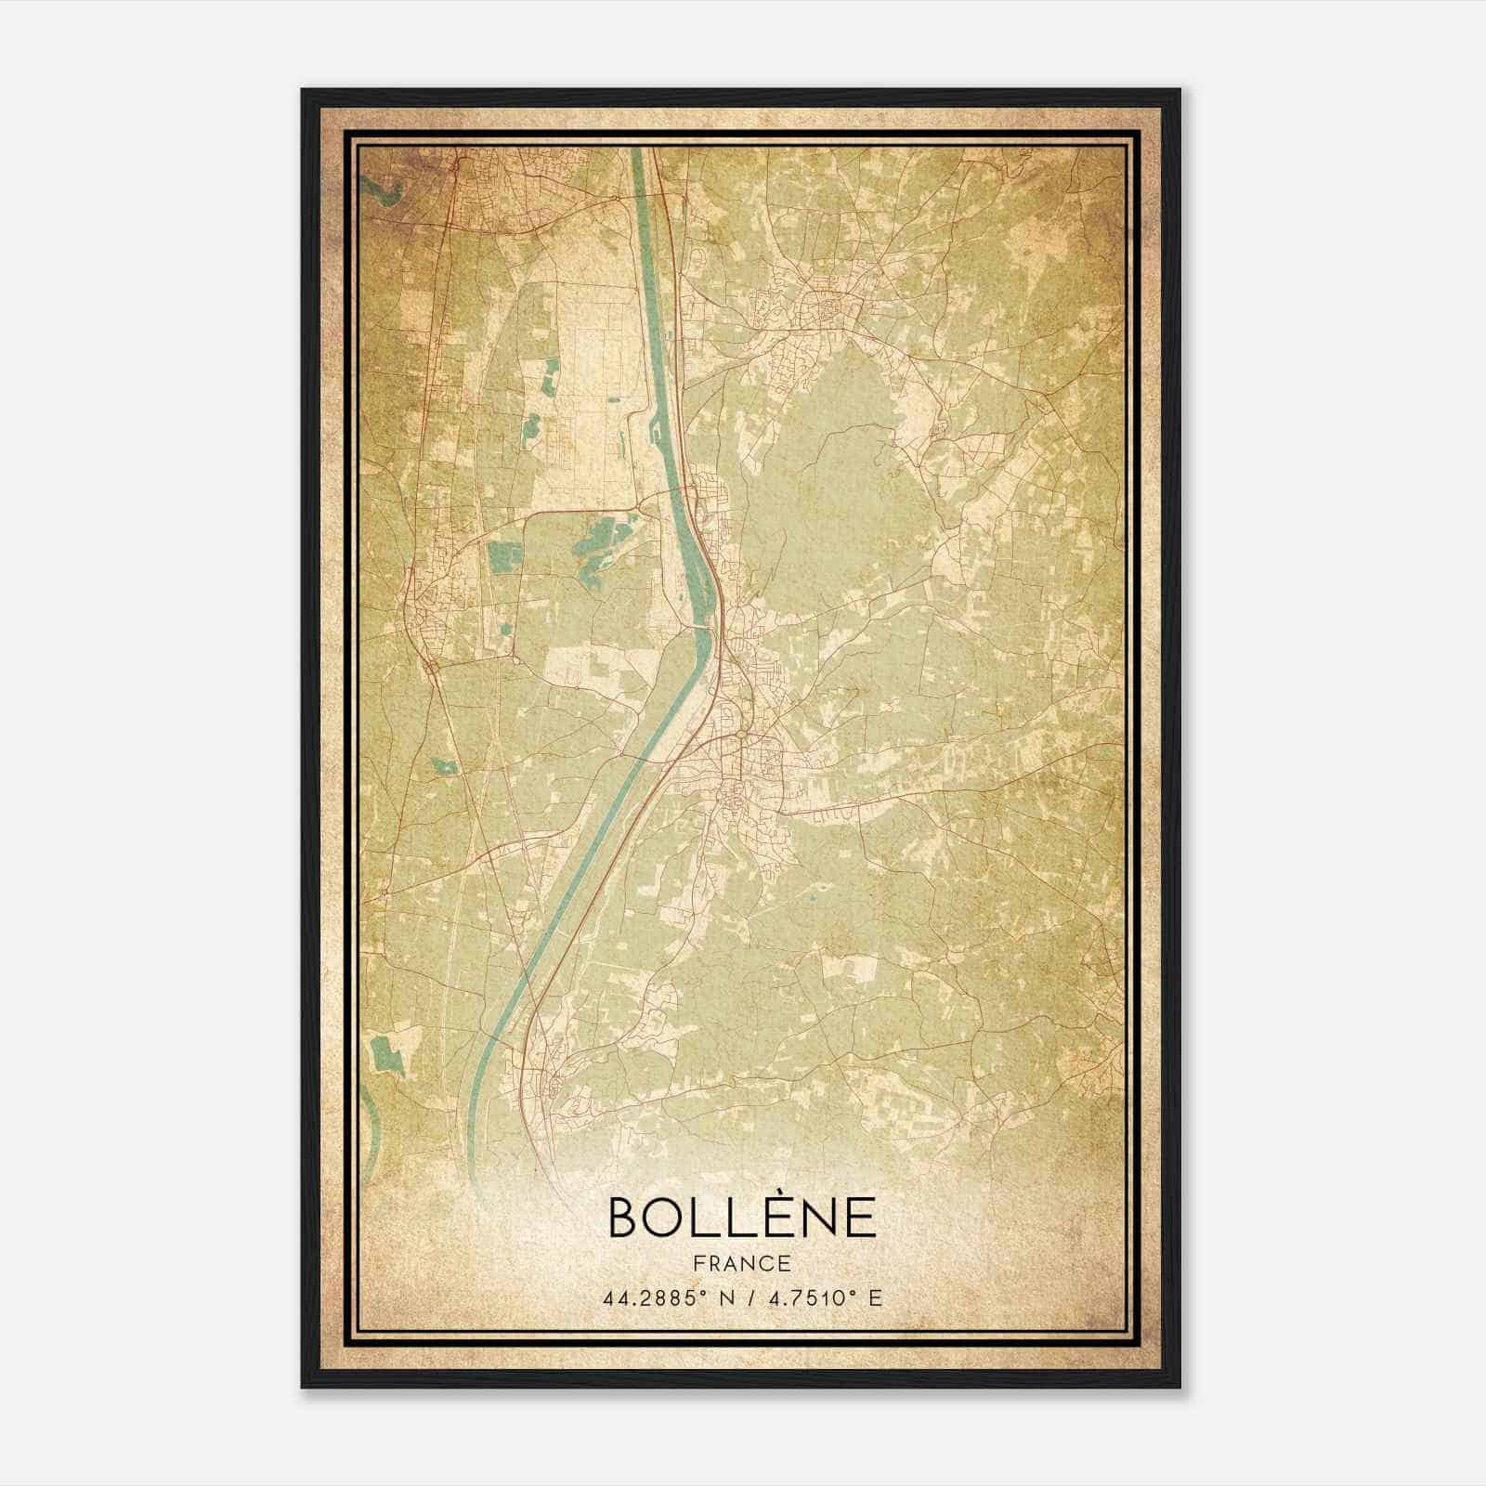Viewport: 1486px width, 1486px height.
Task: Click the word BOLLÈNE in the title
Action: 742,1218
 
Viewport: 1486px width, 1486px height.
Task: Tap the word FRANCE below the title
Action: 742,1263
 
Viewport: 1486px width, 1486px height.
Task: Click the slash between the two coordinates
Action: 750,1298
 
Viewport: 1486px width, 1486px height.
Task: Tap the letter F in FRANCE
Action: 698,1263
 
